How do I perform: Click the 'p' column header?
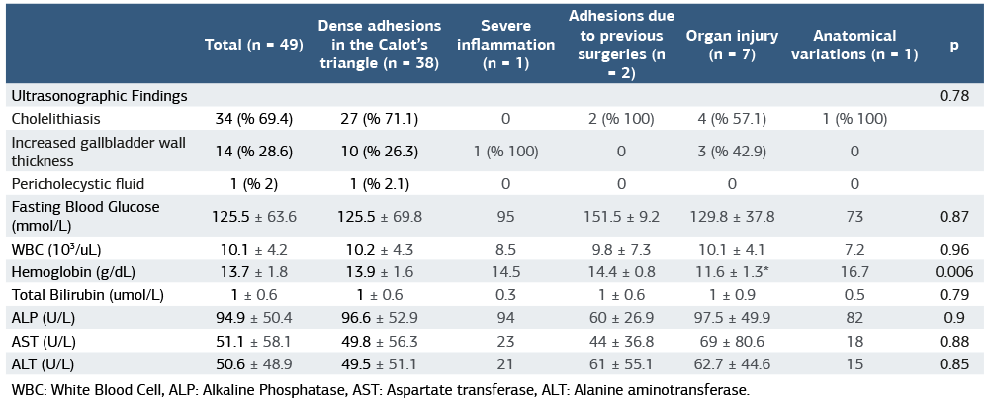click(953, 46)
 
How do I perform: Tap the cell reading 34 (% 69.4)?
click(253, 119)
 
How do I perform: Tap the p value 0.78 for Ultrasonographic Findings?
click(953, 96)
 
